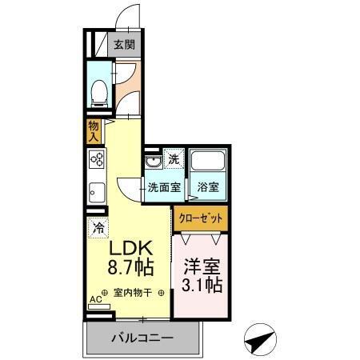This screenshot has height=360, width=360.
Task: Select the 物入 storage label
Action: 94,131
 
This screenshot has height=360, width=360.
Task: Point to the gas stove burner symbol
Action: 97,160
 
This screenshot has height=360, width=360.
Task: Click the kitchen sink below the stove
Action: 96,193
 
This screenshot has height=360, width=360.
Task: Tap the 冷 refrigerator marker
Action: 98,226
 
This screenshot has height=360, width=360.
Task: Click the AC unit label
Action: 96,300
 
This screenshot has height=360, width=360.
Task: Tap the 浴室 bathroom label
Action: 209,188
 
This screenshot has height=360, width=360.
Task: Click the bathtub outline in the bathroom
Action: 209,165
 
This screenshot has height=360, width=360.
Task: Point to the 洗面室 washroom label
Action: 164,188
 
